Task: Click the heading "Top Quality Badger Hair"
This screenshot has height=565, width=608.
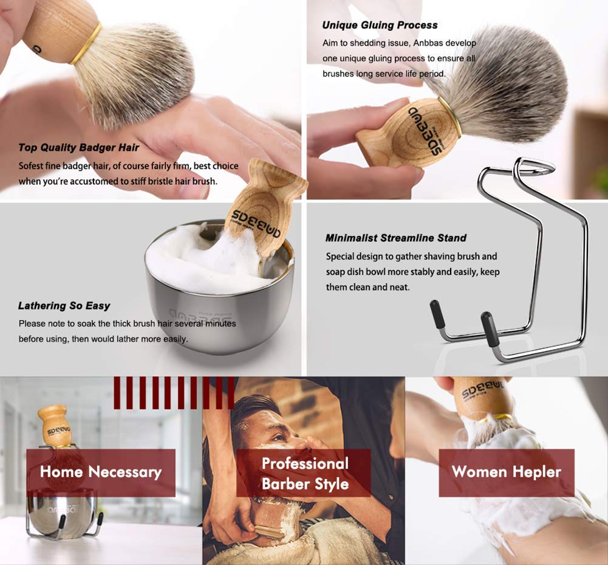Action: tap(79, 147)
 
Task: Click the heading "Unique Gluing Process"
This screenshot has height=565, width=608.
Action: tap(380, 25)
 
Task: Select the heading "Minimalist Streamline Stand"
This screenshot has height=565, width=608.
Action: tap(395, 238)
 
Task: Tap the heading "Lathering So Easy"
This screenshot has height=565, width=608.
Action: tap(64, 305)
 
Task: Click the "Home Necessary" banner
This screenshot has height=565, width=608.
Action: tap(101, 472)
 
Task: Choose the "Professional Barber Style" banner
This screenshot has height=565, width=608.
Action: tap(304, 473)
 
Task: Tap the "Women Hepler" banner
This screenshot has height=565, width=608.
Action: tap(506, 472)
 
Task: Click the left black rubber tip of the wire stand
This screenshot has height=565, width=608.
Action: tap(438, 314)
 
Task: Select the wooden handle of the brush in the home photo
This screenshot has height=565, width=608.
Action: tap(53, 425)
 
